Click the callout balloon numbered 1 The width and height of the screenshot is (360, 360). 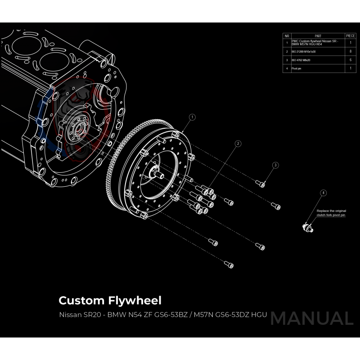(x=192, y=117)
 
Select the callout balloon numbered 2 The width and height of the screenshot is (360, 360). (x=238, y=144)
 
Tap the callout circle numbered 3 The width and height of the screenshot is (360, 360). (x=276, y=165)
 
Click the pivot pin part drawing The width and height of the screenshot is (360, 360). (x=308, y=228)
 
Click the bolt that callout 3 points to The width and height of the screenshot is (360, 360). (x=261, y=183)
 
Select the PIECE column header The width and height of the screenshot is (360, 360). (x=351, y=35)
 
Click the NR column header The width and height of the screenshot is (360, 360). (x=287, y=35)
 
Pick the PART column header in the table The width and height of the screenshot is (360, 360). (x=318, y=35)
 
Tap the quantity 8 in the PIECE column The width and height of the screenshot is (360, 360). (x=351, y=52)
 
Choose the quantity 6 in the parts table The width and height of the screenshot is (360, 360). (x=351, y=60)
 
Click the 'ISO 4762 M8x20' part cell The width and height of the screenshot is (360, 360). (x=302, y=60)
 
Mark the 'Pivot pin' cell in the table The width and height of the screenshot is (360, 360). (x=297, y=68)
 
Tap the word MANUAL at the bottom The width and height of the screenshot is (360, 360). (x=311, y=318)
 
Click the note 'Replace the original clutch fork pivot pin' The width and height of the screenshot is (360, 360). (x=331, y=213)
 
